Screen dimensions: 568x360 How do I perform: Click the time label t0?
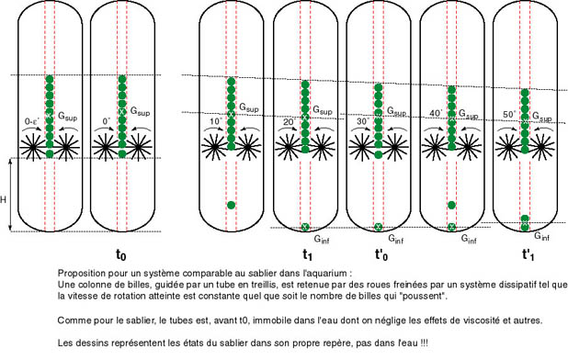[121, 255]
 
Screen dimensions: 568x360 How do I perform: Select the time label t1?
[308, 255]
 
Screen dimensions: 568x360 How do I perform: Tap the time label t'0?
[381, 255]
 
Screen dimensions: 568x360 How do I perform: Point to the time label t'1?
[528, 255]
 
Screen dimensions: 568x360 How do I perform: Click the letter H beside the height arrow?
[4, 199]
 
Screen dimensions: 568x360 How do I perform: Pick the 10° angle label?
[216, 121]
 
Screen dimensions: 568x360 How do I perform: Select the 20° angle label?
[290, 122]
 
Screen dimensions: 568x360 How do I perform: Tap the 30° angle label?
[363, 121]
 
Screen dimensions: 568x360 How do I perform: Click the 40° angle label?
[436, 113]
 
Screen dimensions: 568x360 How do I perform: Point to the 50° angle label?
[509, 114]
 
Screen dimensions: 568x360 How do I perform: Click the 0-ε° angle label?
[32, 122]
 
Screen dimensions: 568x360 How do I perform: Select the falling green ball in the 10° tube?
[231, 205]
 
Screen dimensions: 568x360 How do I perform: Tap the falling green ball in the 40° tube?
[451, 205]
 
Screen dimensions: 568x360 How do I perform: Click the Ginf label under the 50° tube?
[542, 236]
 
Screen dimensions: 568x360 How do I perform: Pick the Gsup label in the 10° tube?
[249, 107]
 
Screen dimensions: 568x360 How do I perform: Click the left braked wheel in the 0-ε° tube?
[32, 147]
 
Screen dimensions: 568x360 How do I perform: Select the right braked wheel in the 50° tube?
[541, 147]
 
